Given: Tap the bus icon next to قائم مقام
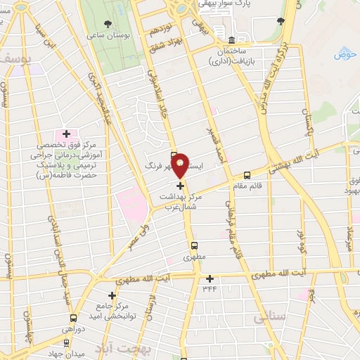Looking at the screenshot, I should click(247, 175).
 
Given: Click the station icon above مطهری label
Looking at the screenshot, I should click(195, 247).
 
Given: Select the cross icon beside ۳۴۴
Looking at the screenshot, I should click(210, 278).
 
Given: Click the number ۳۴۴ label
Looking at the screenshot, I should click(210, 288).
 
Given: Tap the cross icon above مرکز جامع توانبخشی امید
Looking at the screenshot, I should click(111, 295).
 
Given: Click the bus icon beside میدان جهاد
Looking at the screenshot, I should click(67, 344).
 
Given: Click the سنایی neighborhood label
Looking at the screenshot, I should click(272, 318).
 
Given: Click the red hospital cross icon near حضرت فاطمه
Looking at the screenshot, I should click(67, 134).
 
